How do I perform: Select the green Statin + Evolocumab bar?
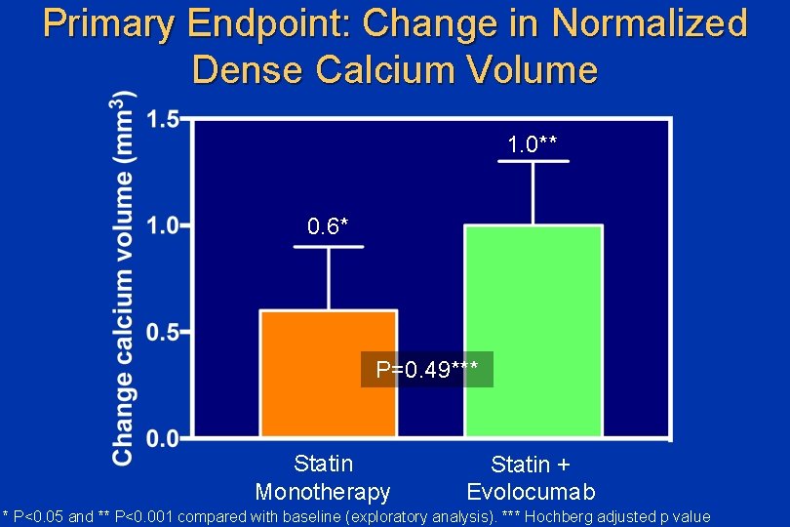coord(533,332)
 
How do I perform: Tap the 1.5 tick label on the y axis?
coord(162,120)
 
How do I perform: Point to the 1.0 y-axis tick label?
coord(162,225)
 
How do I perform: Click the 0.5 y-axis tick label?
coord(162,333)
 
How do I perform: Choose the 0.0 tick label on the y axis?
coord(162,438)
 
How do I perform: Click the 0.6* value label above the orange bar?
coord(328,226)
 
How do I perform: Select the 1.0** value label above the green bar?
coord(533,144)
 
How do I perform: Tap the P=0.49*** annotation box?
coord(427,370)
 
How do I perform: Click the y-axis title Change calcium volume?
coord(123,278)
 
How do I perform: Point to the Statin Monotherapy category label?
coord(323,478)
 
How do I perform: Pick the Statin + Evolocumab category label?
coord(531,478)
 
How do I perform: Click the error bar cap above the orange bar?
coord(328,247)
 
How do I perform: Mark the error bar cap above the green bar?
coord(533,161)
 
